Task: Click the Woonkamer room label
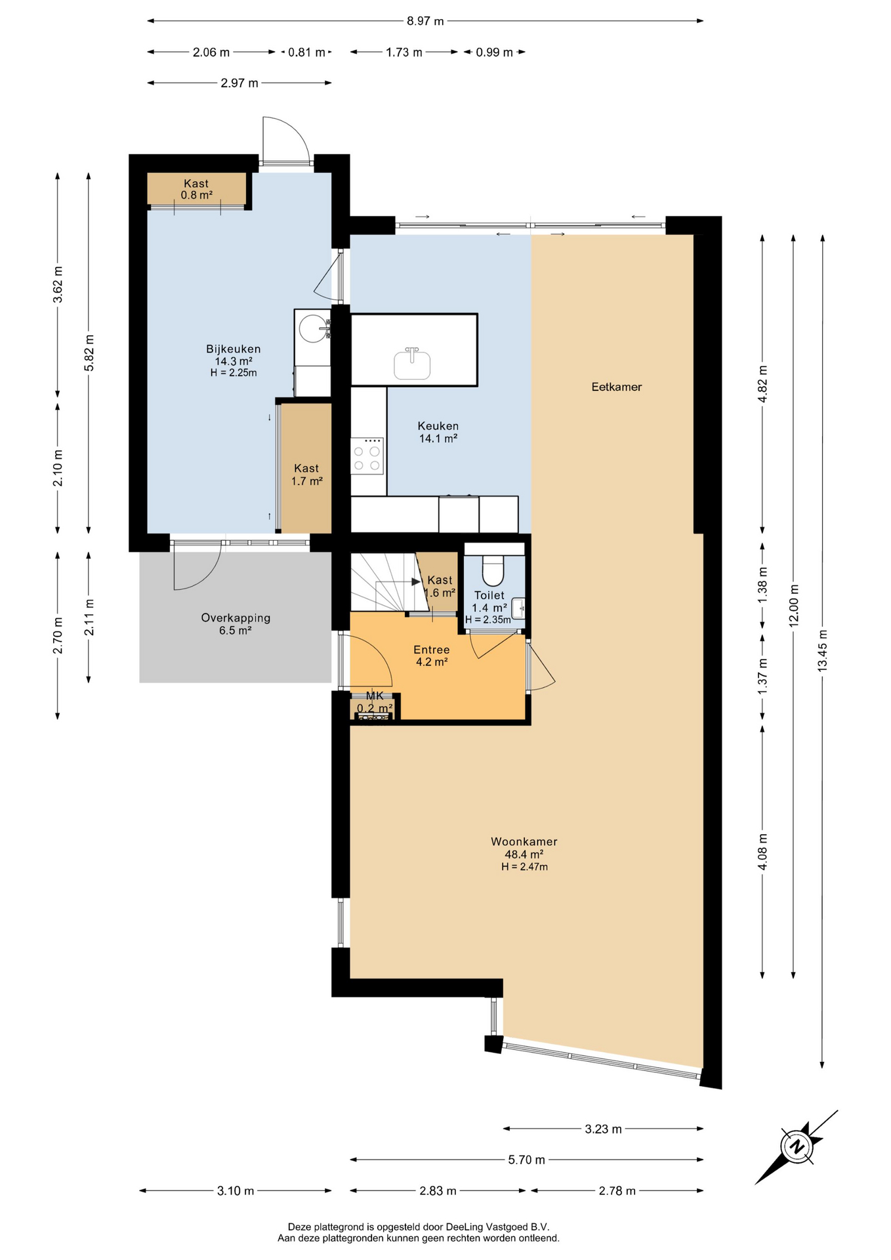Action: [x=524, y=841]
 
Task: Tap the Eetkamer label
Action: [x=616, y=387]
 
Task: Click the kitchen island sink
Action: [x=412, y=364]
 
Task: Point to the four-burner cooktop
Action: [x=367, y=455]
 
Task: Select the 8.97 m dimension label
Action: [x=425, y=21]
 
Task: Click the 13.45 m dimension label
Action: [x=822, y=650]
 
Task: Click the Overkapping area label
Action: [x=236, y=618]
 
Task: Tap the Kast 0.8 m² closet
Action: [x=196, y=189]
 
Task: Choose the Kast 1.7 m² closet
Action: [x=306, y=467]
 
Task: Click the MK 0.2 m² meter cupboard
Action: [x=375, y=706]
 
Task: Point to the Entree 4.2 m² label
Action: [x=432, y=656]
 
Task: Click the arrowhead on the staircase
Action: [x=416, y=581]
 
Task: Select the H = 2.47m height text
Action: [x=524, y=867]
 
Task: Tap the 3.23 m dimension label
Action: [x=603, y=1129]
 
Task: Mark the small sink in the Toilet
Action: [x=518, y=608]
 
